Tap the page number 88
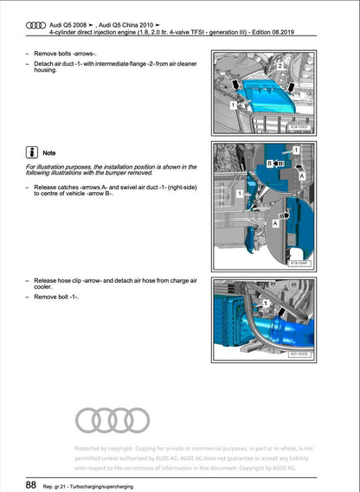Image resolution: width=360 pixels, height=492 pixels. click(29, 484)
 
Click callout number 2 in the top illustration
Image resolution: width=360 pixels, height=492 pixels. click(279, 66)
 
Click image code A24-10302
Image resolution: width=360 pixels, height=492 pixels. click(299, 127)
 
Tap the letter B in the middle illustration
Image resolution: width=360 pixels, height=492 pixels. click(269, 163)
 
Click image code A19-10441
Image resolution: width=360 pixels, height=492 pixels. click(299, 262)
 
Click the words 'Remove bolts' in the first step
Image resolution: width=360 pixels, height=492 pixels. click(53, 54)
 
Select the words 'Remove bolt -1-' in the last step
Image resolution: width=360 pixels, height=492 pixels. click(56, 297)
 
